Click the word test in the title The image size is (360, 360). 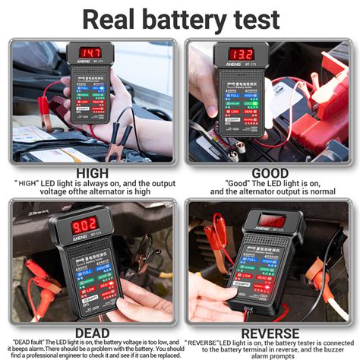[x=257, y=19]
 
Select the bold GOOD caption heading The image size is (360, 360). [x=270, y=174]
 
